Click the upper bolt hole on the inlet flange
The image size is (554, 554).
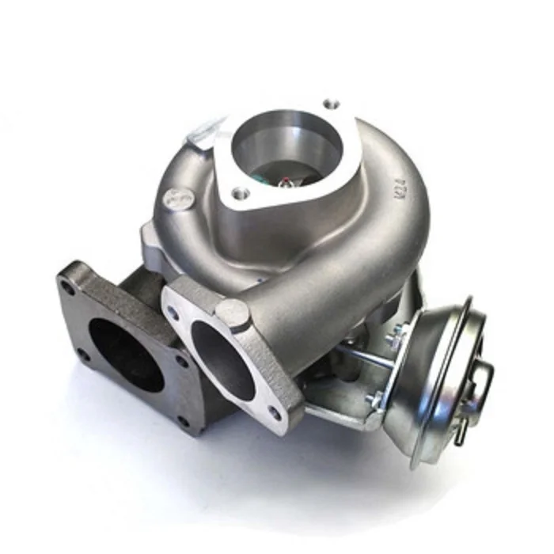click(332, 104)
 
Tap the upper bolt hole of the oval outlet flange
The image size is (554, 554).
click(173, 312)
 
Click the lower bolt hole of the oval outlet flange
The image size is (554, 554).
click(274, 412)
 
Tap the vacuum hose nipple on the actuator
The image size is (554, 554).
click(485, 380)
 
